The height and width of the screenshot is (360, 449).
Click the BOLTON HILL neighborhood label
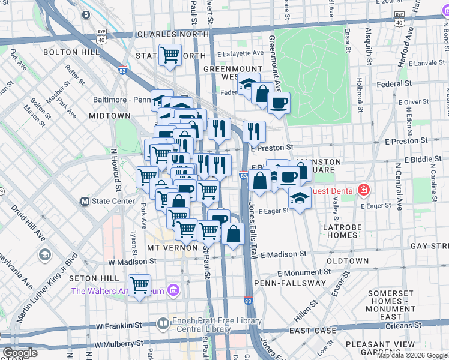pyautogui.click(x=67, y=53)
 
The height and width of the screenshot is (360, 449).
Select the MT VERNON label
pyautogui.click(x=172, y=247)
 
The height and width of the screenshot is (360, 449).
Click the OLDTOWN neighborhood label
pyautogui.click(x=348, y=261)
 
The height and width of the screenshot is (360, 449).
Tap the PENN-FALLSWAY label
pyautogui.click(x=289, y=283)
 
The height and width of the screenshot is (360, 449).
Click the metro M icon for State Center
pyautogui.click(x=85, y=201)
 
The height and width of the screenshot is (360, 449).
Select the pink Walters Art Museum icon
pyautogui.click(x=173, y=291)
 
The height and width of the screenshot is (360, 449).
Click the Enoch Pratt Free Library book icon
pyautogui.click(x=163, y=325)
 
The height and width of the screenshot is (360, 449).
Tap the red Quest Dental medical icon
pyautogui.click(x=363, y=190)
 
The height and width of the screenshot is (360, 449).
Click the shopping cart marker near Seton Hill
pyautogui.click(x=139, y=284)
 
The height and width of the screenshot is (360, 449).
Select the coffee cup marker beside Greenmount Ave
pyautogui.click(x=279, y=103)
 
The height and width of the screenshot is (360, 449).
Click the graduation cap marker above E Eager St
pyautogui.click(x=299, y=198)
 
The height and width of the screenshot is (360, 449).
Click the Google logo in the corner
pyautogui.click(x=20, y=353)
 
